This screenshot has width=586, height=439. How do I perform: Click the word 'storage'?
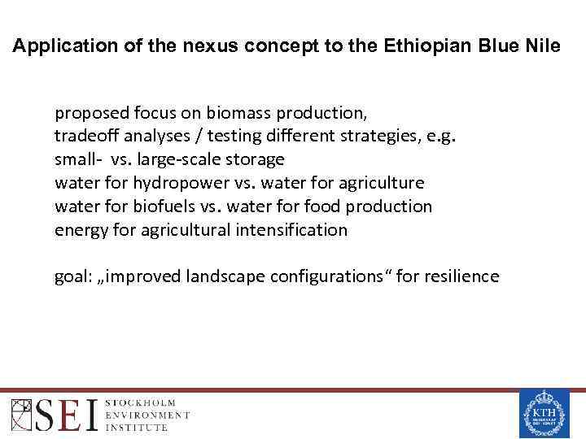click(x=255, y=159)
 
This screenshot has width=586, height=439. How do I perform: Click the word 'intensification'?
click(x=292, y=230)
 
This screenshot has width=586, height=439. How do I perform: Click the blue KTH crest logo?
click(x=543, y=414)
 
